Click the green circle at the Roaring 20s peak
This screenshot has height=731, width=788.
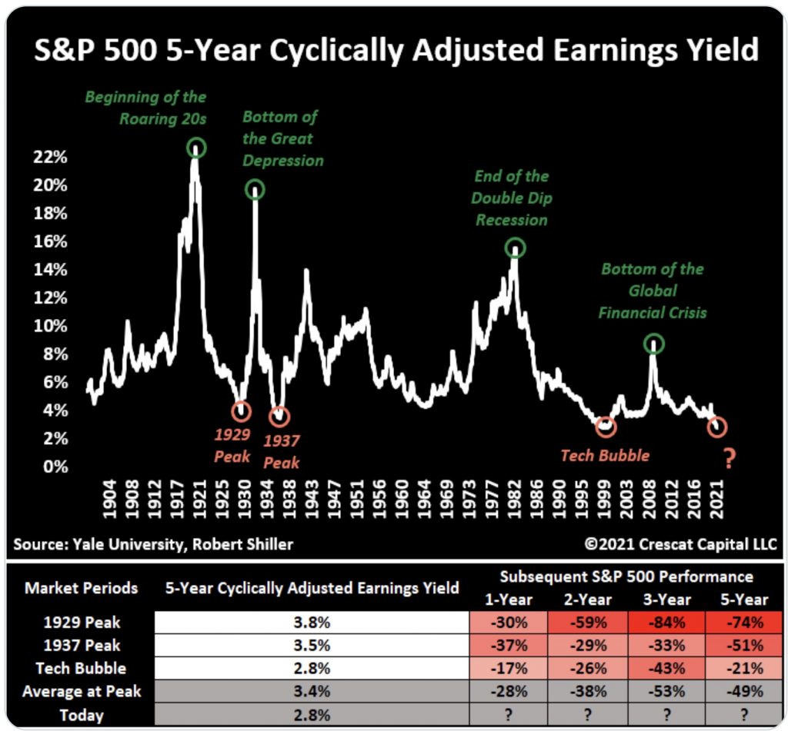coord(197,148)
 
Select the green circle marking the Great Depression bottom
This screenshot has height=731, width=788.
coord(255,190)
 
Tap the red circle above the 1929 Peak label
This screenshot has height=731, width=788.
coord(242,411)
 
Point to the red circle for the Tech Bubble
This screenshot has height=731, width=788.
coord(606,425)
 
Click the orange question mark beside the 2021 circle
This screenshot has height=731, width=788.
coord(730,459)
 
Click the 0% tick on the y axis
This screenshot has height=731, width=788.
coord(55,467)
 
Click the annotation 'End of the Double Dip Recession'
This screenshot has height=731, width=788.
coord(512,198)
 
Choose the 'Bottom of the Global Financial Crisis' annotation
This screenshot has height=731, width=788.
coord(653,291)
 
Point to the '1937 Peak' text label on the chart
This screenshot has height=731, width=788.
coord(282,452)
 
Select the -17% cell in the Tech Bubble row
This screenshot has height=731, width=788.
coord(509,669)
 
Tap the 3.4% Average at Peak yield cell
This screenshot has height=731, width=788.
coord(312,692)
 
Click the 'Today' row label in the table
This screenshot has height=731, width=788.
coord(82,715)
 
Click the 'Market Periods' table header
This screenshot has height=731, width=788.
coord(82,589)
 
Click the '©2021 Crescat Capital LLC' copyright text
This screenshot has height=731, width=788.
coord(680,545)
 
